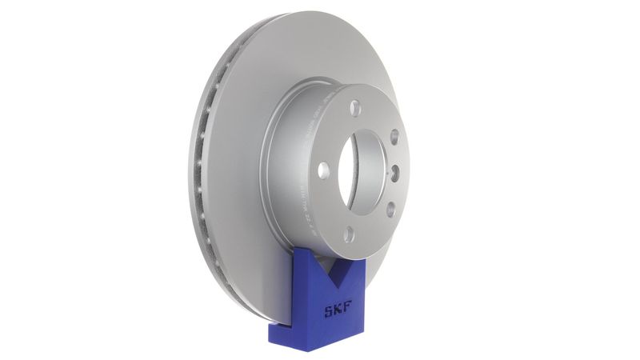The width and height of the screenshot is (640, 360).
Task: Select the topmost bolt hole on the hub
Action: pyautogui.click(x=355, y=108)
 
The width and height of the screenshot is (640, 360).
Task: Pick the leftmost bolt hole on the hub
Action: pyautogui.click(x=322, y=170)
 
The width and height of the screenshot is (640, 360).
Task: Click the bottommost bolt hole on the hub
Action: pyautogui.click(x=349, y=234)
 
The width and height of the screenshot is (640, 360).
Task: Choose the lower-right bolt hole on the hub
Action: pyautogui.click(x=390, y=210)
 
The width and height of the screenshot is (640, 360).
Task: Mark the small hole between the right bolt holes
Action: pyautogui.click(x=395, y=172)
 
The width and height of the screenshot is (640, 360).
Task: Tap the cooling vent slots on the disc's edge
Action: pyautogui.click(x=200, y=160)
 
